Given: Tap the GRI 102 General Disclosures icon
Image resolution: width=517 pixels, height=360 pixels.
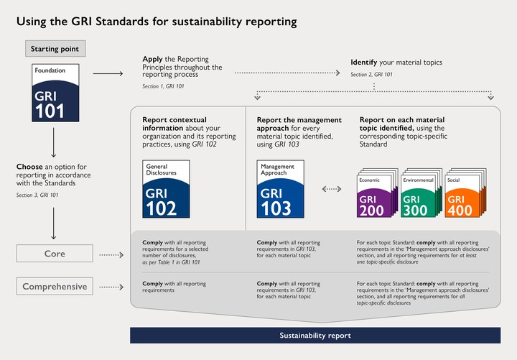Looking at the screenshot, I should click(167, 189).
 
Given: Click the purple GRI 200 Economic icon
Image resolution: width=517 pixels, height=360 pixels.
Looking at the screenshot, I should click(374, 195).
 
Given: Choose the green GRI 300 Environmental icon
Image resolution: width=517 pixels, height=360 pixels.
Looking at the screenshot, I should click(419, 195).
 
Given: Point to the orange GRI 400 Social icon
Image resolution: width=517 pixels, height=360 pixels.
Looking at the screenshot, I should click(462, 195).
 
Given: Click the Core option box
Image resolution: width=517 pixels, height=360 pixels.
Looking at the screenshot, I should click(54, 254).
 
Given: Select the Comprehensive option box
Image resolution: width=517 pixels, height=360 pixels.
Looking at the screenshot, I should click(54, 287).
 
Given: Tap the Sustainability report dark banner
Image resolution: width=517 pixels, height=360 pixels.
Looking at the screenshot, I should click(315, 336).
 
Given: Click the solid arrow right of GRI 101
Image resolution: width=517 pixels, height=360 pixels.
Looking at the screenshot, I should click(107, 73).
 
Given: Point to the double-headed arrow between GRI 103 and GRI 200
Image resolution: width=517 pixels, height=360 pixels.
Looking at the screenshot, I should click(331, 190).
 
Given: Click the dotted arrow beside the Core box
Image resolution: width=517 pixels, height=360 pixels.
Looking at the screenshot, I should click(111, 255).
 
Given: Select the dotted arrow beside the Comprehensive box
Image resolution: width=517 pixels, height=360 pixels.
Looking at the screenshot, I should click(111, 287).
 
